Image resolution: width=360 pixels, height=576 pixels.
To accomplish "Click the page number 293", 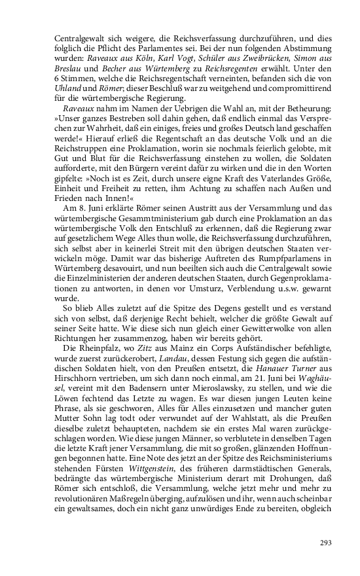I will pos(326,542).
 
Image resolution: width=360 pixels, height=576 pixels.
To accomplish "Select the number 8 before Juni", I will pos(82,199).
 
